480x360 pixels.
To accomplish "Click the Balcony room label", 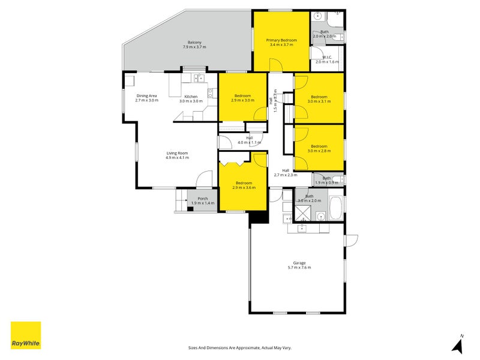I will point(194,42).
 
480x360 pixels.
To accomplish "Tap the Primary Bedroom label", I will point(281,40).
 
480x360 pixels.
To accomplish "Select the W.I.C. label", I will point(327,58).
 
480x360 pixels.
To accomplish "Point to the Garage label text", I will point(299,263).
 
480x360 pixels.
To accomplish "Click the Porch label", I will point(203,199).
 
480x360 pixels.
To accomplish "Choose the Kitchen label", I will point(191,97).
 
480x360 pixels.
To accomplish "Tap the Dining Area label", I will point(146,96).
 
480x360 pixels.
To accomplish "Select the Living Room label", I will point(178,153).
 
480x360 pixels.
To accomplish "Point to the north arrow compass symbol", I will point(458,345).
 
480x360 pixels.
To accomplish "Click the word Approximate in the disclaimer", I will point(246,347).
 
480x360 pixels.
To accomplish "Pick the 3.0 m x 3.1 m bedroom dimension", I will point(319,101).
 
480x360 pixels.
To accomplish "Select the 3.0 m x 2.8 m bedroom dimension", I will point(319,151).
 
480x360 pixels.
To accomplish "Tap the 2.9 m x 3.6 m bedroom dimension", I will point(244,188).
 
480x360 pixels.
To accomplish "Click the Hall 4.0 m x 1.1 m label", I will point(249,140).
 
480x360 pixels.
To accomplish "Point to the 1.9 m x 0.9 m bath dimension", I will point(326,182).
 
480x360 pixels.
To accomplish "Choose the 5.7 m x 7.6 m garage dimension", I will point(299,268).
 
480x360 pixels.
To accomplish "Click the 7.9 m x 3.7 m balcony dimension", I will point(194,47).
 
